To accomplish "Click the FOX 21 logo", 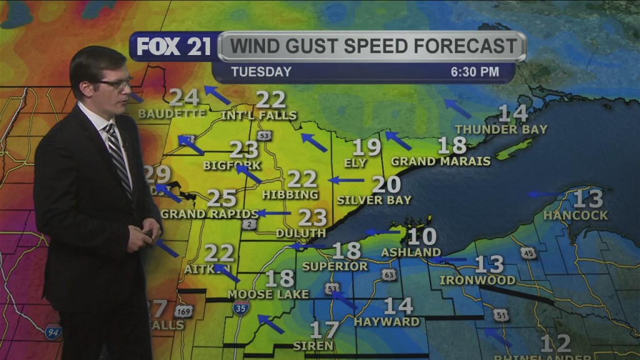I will [x=174, y=47].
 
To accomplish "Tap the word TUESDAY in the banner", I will [x=261, y=72].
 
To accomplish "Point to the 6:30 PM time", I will [x=475, y=72].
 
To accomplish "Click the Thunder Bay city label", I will [x=501, y=129].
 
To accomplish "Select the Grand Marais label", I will [x=441, y=161].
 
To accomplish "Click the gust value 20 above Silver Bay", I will [x=386, y=184].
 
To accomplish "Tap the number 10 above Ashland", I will [x=421, y=236].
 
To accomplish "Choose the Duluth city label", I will [x=301, y=233].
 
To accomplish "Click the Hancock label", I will [x=575, y=215].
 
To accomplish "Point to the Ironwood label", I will [x=477, y=280].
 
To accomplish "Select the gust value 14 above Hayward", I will [x=398, y=306].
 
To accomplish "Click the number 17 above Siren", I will [x=324, y=329].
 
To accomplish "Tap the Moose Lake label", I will [x=268, y=294].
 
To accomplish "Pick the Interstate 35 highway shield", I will [x=241, y=307].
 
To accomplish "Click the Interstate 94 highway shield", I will [x=54, y=332].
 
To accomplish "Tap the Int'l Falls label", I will [x=259, y=116].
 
